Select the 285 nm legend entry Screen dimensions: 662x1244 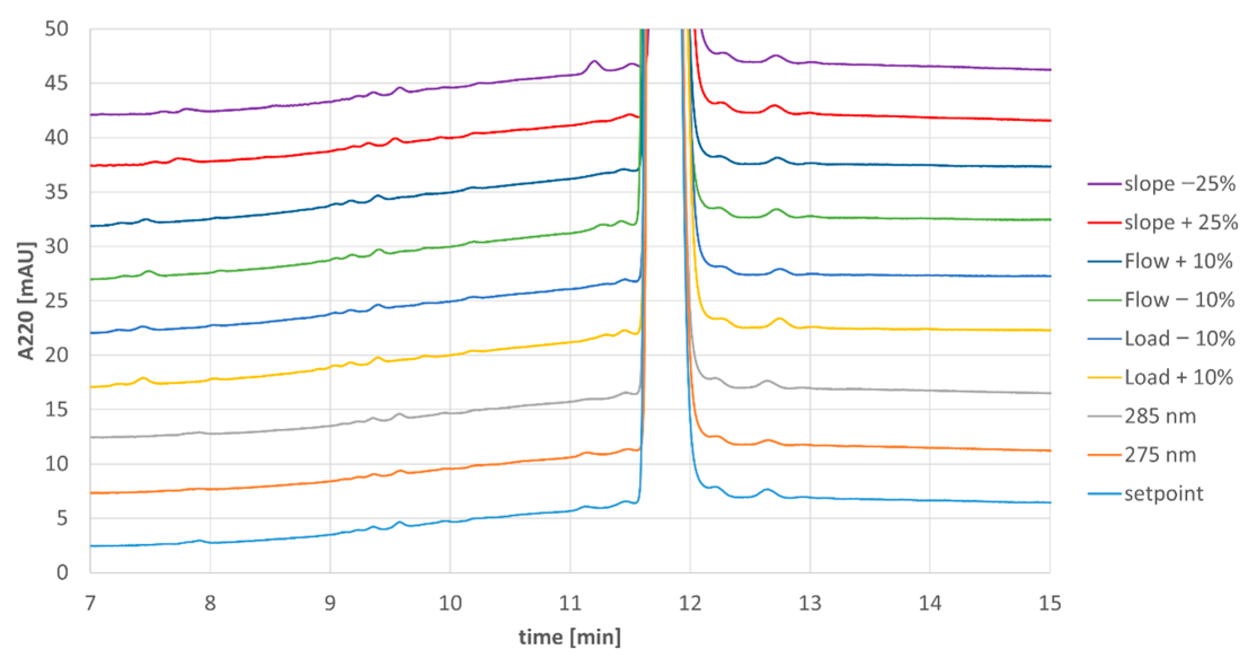[x=1159, y=416]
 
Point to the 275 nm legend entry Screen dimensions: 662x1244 [x=1159, y=454]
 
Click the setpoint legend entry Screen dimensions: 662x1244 [x=1163, y=493]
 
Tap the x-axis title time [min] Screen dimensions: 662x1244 [x=570, y=637]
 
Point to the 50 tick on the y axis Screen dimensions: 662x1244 [x=56, y=29]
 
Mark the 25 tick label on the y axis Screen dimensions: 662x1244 [x=56, y=301]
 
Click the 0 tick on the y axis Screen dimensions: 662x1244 [x=62, y=572]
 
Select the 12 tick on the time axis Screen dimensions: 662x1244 [x=690, y=603]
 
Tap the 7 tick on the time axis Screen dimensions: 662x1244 [x=90, y=603]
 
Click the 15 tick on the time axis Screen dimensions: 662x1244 [x=1050, y=603]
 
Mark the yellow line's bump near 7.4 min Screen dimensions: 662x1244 [x=143, y=378]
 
